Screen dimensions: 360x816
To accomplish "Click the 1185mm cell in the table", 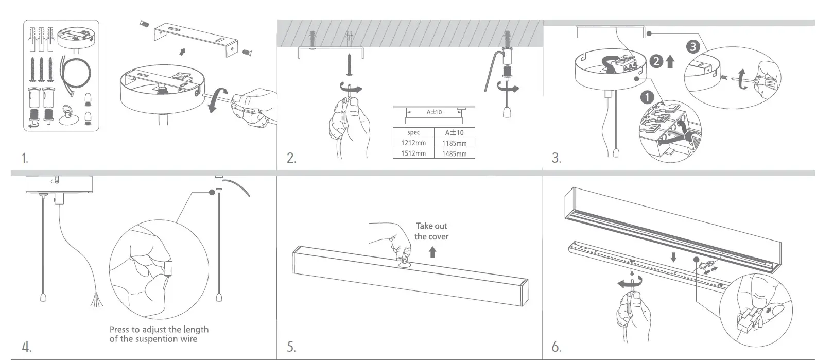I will point(454,143).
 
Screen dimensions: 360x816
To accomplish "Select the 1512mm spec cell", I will point(413,153).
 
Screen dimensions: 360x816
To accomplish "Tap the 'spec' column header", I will point(413,132).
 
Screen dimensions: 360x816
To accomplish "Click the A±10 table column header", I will point(454,132).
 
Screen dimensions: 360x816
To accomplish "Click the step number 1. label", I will point(25,158).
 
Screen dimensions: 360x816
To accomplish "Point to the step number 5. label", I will point(291,347).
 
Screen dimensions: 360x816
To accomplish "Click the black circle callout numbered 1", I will point(647,97).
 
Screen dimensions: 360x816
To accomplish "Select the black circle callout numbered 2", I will point(656,62).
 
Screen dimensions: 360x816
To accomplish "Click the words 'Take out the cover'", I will point(432,231).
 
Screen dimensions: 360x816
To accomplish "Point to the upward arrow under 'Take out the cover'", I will point(432,252).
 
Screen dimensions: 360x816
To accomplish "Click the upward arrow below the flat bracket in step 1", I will point(181,52).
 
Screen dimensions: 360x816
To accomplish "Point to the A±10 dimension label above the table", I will point(434,112).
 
